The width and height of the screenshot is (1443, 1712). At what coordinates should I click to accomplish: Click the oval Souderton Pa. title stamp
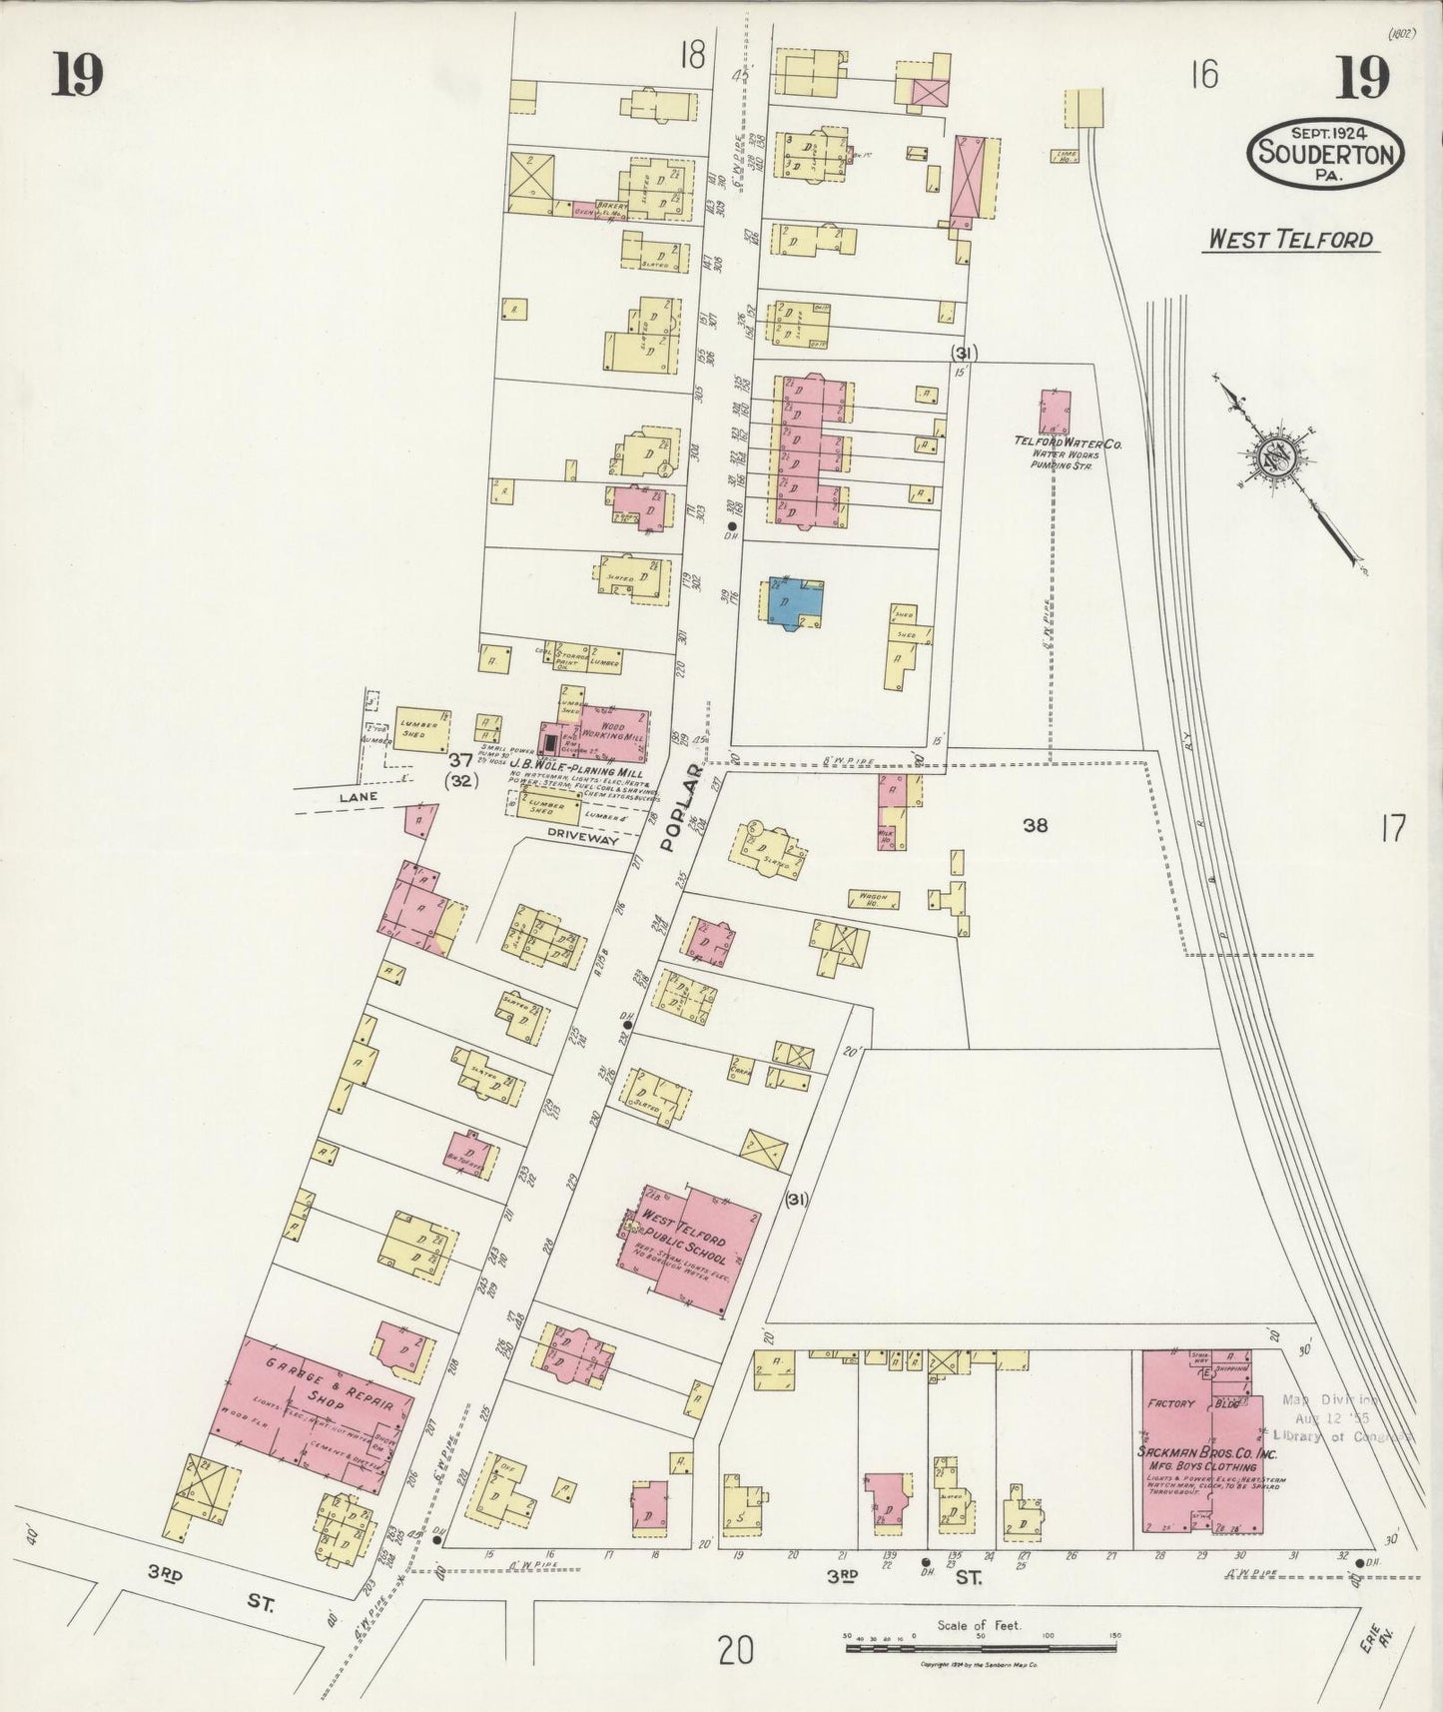click(x=1327, y=152)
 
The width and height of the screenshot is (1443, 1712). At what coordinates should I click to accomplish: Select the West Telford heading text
click(x=1289, y=240)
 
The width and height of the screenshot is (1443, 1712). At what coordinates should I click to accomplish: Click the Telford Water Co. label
click(x=1067, y=440)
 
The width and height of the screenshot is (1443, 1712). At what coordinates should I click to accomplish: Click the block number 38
click(x=1036, y=825)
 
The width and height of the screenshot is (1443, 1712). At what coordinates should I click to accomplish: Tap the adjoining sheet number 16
click(x=1205, y=74)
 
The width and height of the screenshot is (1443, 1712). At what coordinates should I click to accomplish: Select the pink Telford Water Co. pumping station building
click(x=1056, y=411)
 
